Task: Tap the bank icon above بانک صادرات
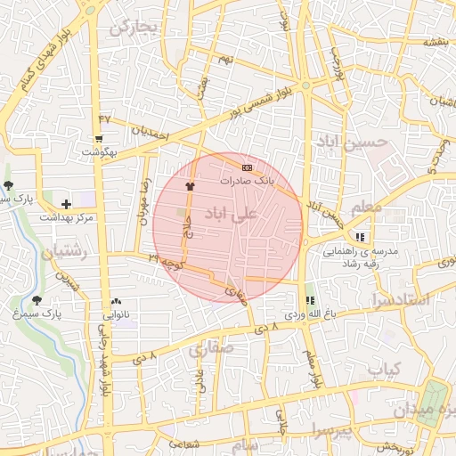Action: [x=247, y=167]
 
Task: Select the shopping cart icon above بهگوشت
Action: [x=98, y=138]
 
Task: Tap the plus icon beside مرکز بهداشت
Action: [x=67, y=204]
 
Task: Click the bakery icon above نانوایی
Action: [x=117, y=302]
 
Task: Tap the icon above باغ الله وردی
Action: [x=310, y=301]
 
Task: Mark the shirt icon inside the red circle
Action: [x=189, y=186]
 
